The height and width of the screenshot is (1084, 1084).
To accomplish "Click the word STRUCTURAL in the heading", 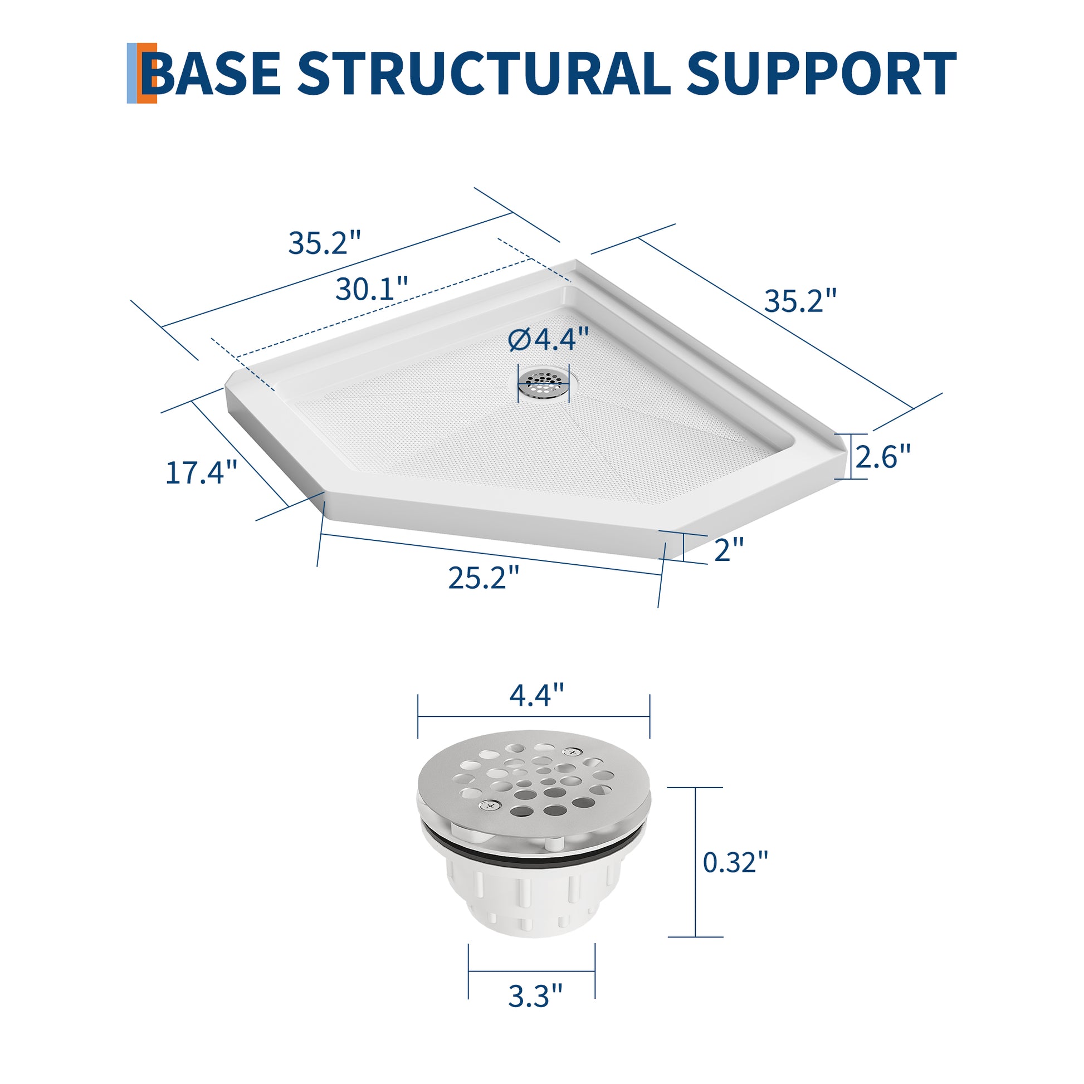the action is (x=484, y=74).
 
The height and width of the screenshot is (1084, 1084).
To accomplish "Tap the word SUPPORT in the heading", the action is (x=822, y=74).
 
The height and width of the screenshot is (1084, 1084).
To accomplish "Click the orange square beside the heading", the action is (x=147, y=73).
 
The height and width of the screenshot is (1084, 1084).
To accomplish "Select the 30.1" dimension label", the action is (x=372, y=289).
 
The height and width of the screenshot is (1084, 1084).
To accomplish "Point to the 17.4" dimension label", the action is (x=202, y=472).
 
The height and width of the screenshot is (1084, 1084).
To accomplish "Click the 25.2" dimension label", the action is (x=484, y=577).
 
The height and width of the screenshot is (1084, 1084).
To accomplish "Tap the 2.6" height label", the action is (x=882, y=456).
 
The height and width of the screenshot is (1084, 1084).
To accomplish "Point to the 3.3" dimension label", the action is (x=535, y=996).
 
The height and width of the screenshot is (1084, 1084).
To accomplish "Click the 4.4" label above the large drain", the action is (x=536, y=695).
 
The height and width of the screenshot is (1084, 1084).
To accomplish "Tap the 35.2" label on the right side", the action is (x=800, y=301).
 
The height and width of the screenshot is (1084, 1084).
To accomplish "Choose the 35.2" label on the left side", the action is (x=324, y=243).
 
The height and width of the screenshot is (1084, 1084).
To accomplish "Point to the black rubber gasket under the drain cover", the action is (x=533, y=846).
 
